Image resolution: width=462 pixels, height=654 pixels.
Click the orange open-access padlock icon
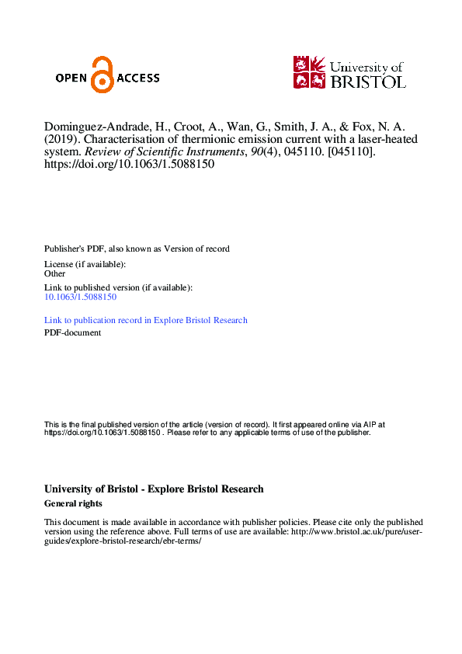[102, 75]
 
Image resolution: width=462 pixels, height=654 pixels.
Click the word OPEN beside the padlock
[72, 78]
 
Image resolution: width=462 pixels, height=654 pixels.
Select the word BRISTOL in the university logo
[367, 81]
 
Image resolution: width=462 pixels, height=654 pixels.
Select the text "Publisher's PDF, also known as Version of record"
[137, 249]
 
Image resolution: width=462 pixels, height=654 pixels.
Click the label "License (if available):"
[85, 265]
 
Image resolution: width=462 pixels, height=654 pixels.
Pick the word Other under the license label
[55, 274]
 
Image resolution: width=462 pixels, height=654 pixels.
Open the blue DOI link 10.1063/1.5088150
[81, 297]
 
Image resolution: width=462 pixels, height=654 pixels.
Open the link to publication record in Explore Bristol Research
[146, 320]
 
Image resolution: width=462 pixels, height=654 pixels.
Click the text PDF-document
[72, 333]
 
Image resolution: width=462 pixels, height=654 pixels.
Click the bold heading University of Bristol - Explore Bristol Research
[154, 489]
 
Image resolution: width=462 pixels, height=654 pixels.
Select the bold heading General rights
[74, 504]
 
